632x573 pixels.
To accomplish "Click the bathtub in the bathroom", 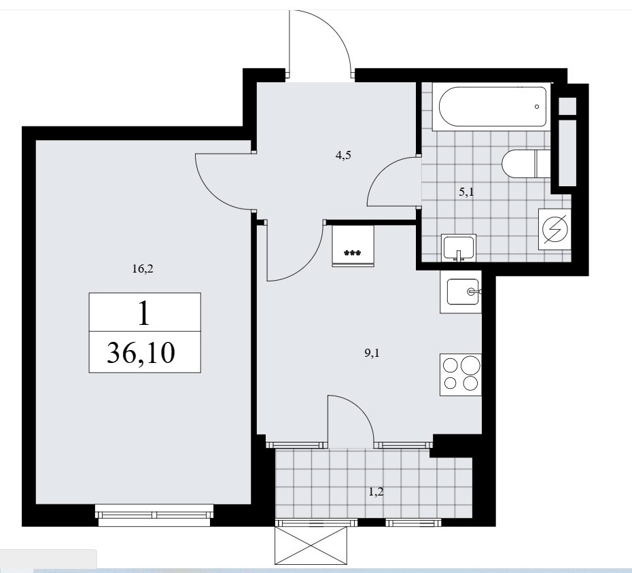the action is pos(492,107).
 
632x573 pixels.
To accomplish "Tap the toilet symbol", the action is pos(526,163).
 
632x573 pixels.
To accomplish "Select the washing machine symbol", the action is pos(555,230).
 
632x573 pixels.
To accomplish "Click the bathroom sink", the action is pos(459,248).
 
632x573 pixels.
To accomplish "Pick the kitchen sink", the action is pos(461,292).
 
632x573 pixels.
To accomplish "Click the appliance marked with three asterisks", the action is pos(353,246).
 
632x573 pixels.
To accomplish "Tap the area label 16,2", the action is pos(143,269).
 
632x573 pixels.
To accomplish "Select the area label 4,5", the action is pos(343,155).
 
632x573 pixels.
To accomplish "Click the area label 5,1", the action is pos(466,192).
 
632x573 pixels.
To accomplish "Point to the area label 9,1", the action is pos(372,353).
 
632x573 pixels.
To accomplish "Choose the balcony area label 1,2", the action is pos(376,492).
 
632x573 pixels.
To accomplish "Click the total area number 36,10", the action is pos(141,352).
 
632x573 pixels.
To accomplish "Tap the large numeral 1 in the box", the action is pos(144,313).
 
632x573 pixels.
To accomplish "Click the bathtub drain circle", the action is pos(537,107).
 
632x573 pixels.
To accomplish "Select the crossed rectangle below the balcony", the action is pos(311,546).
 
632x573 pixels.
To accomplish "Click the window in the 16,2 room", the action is pos(155,515).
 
